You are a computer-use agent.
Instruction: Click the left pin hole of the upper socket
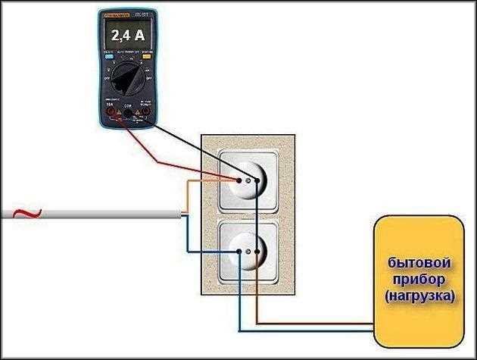pyautogui.click(x=238, y=181)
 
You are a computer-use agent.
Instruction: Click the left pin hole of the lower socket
pyautogui.click(x=238, y=251)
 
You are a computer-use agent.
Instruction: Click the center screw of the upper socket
pyautogui.click(x=249, y=181)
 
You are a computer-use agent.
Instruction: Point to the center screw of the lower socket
pyautogui.click(x=249, y=251)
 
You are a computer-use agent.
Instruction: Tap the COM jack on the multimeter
pyautogui.click(x=126, y=114)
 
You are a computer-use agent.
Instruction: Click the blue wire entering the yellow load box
pyautogui.click(x=318, y=331)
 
